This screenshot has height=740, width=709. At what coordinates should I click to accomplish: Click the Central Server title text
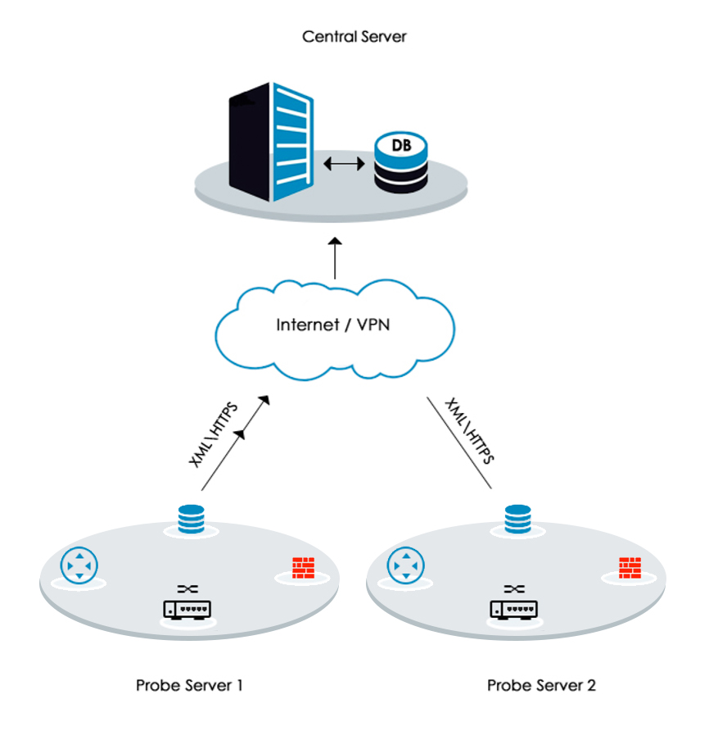354,37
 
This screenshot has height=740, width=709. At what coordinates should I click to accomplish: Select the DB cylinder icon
401,162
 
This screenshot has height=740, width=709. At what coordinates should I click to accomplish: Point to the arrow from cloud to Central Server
335,258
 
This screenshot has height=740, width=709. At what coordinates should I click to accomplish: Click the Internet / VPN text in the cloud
333,325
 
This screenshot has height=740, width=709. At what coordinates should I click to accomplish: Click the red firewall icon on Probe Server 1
303,568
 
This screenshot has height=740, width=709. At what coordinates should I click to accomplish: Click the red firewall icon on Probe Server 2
630,568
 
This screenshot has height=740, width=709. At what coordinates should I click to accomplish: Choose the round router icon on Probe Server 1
79,566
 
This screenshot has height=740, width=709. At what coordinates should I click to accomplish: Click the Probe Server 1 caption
189,685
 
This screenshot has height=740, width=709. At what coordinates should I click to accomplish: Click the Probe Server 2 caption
541,685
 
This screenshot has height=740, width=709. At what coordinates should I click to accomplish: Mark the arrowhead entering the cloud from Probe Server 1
264,401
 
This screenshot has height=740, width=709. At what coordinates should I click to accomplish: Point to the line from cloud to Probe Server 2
459,443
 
